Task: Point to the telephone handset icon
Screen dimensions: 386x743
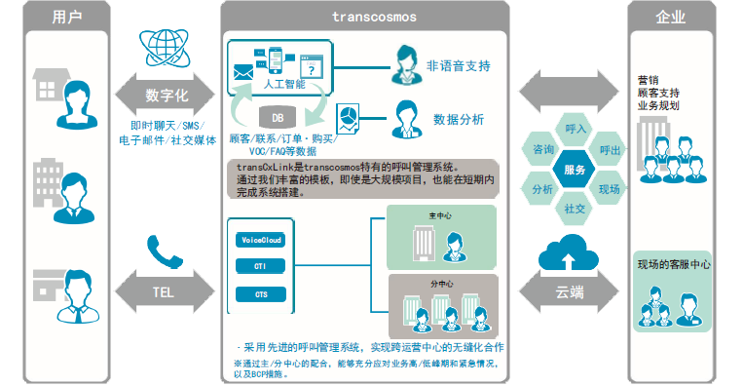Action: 163,251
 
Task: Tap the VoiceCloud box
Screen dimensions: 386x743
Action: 260,239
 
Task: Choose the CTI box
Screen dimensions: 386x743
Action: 260,266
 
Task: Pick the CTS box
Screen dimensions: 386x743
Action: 260,293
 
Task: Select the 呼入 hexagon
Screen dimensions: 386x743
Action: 575,129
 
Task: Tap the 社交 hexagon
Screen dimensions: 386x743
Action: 575,209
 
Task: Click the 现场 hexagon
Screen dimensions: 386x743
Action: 609,188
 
